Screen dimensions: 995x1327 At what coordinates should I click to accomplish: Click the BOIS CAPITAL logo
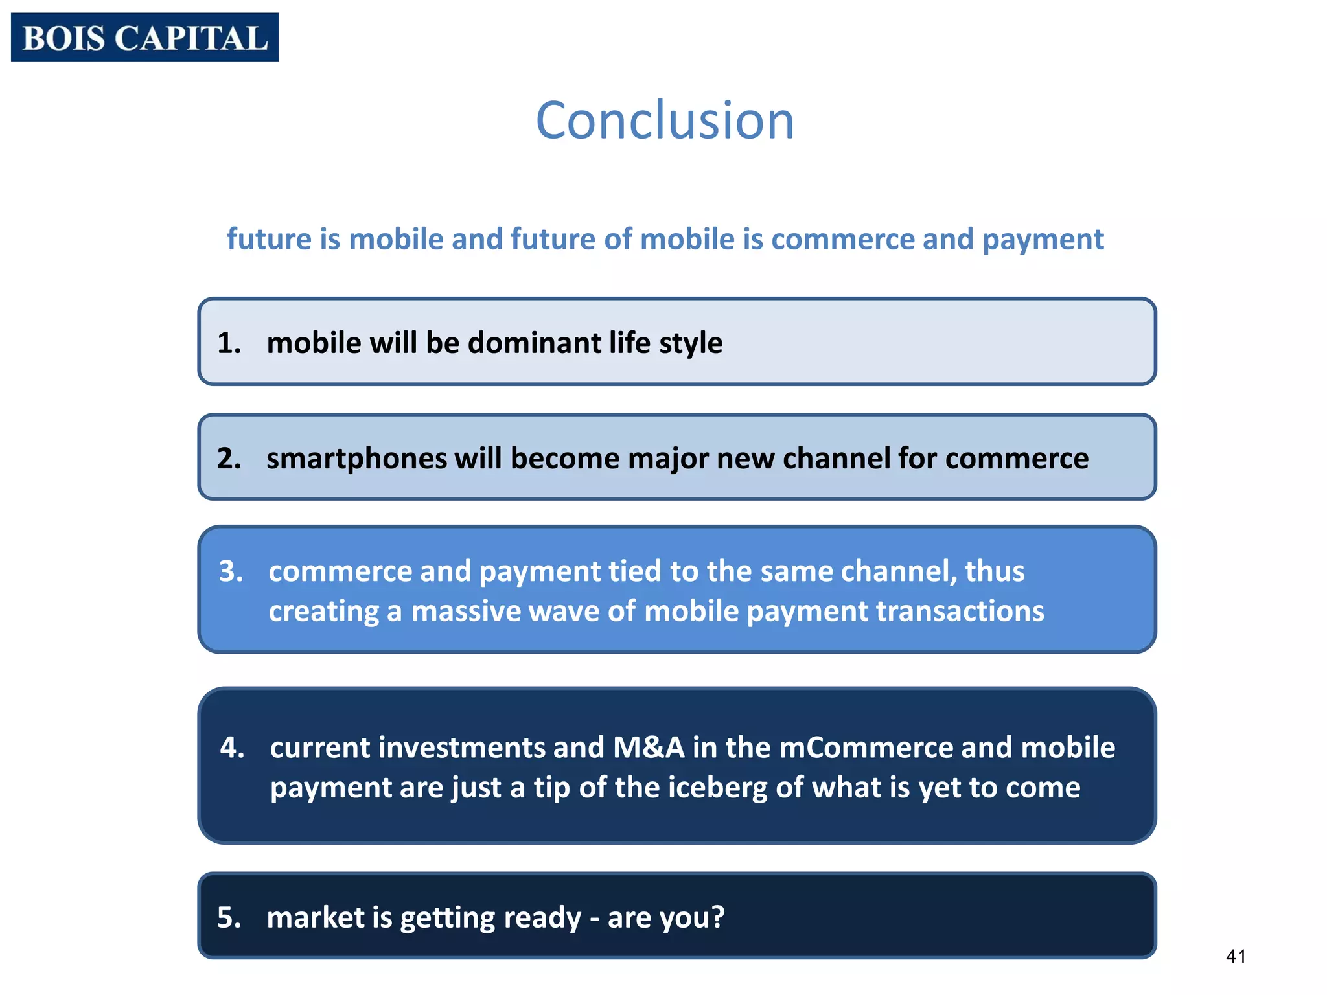(x=144, y=38)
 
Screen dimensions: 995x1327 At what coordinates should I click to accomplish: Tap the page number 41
(x=1236, y=956)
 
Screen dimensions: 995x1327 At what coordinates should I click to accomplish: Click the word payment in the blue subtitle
(x=1043, y=240)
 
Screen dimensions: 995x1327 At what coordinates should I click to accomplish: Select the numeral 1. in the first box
(x=229, y=343)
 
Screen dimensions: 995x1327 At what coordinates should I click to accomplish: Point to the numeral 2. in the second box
(x=229, y=459)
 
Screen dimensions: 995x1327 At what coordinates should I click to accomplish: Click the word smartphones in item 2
(x=356, y=459)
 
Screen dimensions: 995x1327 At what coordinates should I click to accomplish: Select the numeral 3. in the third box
(x=231, y=571)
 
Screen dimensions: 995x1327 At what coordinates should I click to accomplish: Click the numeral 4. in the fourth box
(x=232, y=748)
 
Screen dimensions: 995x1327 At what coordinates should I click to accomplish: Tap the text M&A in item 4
(x=649, y=748)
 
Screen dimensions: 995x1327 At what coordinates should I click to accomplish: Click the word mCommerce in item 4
(x=866, y=748)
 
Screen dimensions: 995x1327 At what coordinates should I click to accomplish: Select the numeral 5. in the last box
(x=229, y=917)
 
